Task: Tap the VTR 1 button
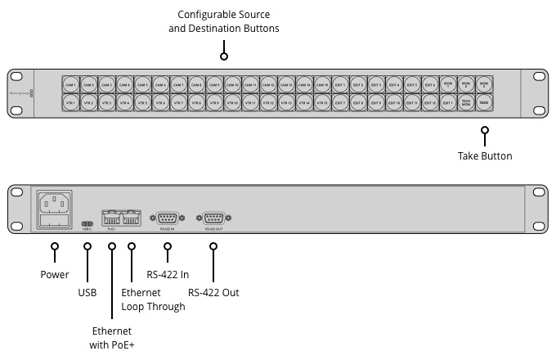(70, 104)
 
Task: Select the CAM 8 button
(196, 85)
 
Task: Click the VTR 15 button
(322, 104)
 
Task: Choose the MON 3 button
(484, 85)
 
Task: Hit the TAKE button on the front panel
(484, 104)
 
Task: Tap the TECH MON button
(466, 104)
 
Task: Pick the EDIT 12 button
(430, 104)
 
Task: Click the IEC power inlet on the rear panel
(53, 201)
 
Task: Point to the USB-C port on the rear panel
(87, 223)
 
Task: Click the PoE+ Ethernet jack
(112, 218)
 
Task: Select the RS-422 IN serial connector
(168, 218)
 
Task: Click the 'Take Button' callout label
(485, 155)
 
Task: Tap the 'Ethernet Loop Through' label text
(153, 299)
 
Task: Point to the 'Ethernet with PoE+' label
(112, 338)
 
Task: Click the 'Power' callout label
(55, 274)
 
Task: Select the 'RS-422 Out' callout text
(213, 292)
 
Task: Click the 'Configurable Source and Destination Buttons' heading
(224, 22)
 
